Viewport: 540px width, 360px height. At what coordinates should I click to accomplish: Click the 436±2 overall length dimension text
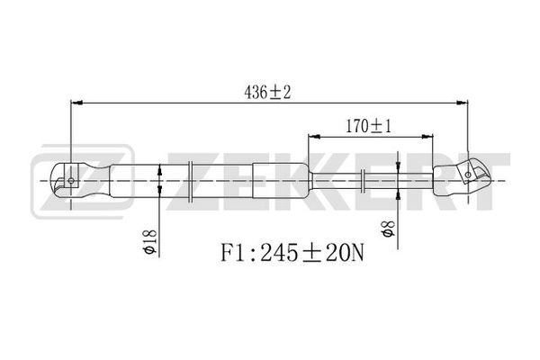(x=267, y=93)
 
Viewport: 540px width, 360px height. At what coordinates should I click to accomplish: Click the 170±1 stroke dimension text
(x=368, y=126)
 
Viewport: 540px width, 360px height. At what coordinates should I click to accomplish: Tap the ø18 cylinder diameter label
(x=150, y=242)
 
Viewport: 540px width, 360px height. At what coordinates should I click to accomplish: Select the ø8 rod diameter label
(x=388, y=229)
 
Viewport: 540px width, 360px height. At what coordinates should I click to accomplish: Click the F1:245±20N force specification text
(x=292, y=253)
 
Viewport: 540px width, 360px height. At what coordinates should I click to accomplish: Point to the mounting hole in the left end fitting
(x=71, y=180)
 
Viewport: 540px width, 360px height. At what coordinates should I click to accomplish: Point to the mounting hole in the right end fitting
(x=468, y=175)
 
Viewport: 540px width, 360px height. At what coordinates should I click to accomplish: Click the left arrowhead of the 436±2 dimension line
(x=76, y=103)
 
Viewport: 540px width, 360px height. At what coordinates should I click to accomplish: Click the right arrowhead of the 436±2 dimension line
(x=462, y=103)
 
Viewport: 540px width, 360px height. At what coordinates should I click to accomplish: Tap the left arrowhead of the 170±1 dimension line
(x=314, y=137)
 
